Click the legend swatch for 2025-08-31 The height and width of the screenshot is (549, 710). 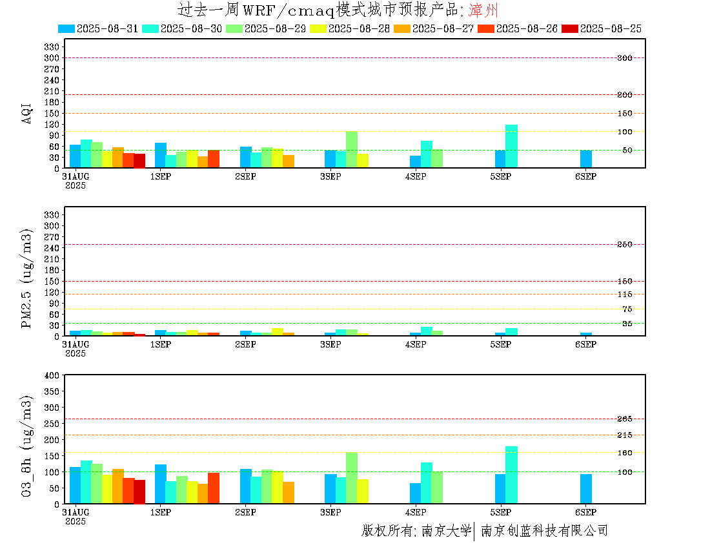point(66,28)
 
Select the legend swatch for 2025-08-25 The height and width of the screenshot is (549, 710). point(570,28)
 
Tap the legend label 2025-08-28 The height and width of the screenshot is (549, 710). point(359,28)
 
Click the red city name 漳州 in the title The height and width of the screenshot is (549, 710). point(483,10)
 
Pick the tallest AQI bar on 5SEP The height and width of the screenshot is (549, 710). point(511,147)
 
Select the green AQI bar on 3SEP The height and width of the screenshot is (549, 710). point(352,149)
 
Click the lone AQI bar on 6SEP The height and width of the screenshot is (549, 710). point(586,159)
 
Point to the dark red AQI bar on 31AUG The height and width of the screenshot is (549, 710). point(139,161)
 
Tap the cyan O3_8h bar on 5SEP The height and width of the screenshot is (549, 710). point(511,475)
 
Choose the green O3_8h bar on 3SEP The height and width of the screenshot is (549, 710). point(352,478)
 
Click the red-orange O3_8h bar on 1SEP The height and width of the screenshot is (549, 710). point(214,488)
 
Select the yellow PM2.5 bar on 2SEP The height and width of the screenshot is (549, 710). point(278,332)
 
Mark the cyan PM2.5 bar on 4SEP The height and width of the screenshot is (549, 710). point(427,331)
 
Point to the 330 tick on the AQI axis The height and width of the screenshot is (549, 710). point(52,47)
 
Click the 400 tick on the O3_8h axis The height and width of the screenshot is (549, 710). point(52,375)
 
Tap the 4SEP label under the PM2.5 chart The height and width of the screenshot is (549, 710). point(416,344)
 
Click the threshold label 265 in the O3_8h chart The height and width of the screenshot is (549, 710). point(625,419)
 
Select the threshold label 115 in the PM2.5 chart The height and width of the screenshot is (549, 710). point(625,295)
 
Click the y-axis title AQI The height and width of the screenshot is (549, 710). point(26,113)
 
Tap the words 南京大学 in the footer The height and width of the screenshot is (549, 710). point(447,530)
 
